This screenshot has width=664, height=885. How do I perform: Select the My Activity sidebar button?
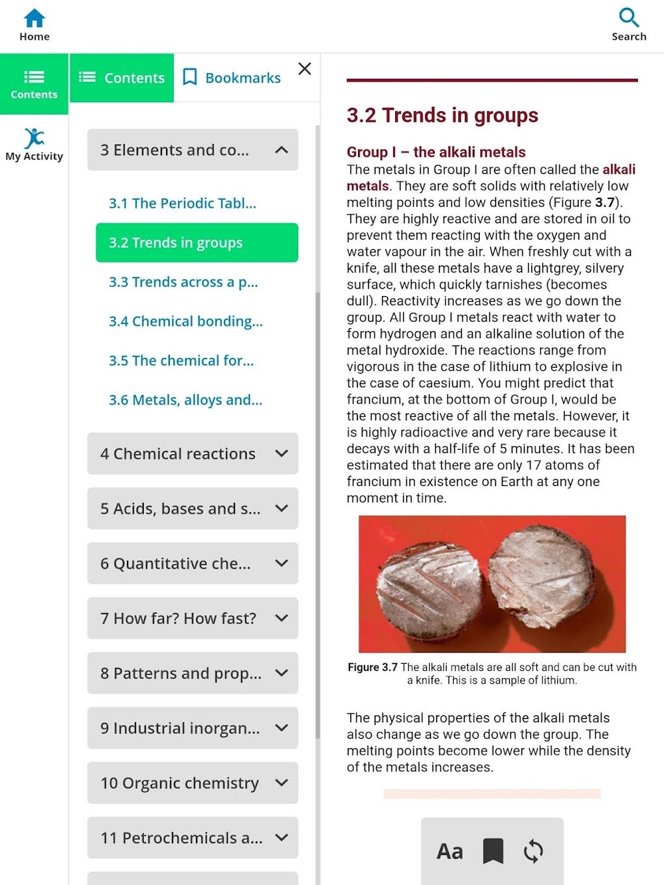[35, 144]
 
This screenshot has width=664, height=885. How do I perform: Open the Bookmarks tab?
[232, 78]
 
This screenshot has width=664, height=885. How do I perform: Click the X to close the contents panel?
[305, 69]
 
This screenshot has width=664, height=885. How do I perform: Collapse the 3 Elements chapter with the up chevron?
[281, 150]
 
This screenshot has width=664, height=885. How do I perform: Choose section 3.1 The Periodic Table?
[182, 204]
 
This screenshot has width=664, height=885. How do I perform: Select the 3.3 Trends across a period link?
[183, 282]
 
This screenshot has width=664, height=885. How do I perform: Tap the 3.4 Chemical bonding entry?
[186, 321]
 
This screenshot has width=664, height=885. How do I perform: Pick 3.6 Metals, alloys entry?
[185, 400]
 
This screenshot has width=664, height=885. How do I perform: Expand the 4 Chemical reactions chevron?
[281, 454]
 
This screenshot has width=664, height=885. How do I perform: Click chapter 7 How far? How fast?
[178, 618]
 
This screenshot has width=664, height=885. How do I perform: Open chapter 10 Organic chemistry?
[180, 783]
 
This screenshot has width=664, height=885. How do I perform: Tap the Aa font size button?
[450, 851]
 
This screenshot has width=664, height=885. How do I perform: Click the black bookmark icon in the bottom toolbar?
[493, 851]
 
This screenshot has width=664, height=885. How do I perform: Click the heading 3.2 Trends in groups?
[442, 116]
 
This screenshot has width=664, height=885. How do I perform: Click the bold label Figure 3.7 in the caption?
[372, 668]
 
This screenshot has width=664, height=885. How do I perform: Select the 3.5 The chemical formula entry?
[181, 361]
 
